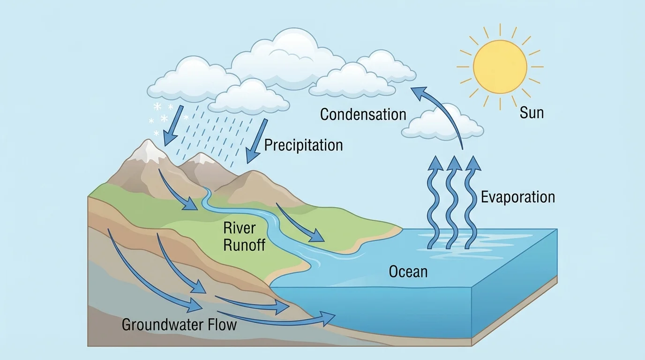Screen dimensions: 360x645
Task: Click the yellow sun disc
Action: coord(500,67)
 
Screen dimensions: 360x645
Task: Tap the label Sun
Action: coord(532,112)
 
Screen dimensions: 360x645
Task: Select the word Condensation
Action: coord(363,114)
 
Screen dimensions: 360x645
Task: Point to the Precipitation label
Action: coord(303,145)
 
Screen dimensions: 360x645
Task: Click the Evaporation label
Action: coord(517,197)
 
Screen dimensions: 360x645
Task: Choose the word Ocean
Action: coord(408,271)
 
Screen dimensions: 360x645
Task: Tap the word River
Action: coord(239,228)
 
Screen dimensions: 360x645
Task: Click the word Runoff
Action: coord(244,245)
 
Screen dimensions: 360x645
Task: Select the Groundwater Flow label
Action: coord(179,325)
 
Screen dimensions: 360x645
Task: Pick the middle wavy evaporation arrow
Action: coord(452,202)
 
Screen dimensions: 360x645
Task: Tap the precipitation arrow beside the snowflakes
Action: coord(171,127)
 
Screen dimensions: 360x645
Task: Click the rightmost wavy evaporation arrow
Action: coord(471,202)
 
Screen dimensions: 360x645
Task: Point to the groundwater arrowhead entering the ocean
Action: coord(328,316)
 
